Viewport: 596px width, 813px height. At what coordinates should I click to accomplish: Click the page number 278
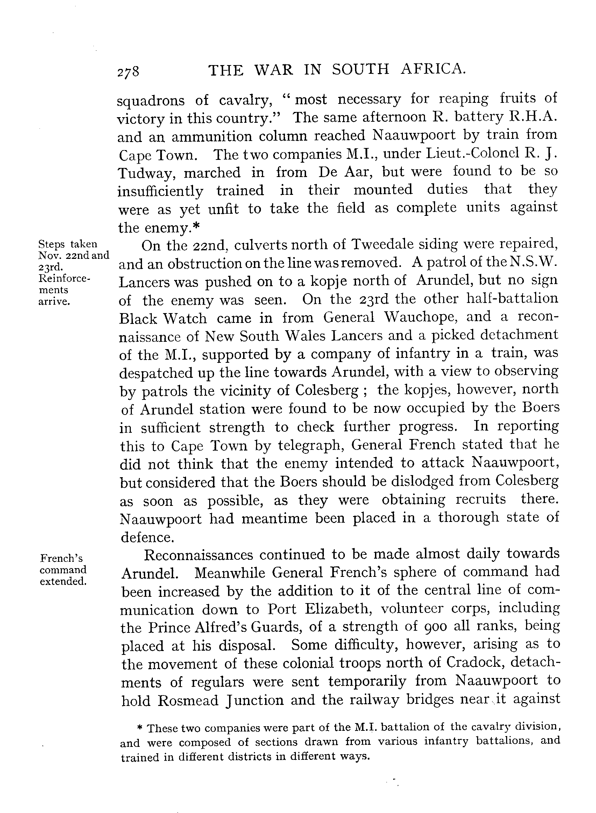(x=128, y=71)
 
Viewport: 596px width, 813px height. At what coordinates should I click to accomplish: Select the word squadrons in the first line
(x=151, y=101)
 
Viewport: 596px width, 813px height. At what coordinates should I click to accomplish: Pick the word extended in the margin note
(x=63, y=581)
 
